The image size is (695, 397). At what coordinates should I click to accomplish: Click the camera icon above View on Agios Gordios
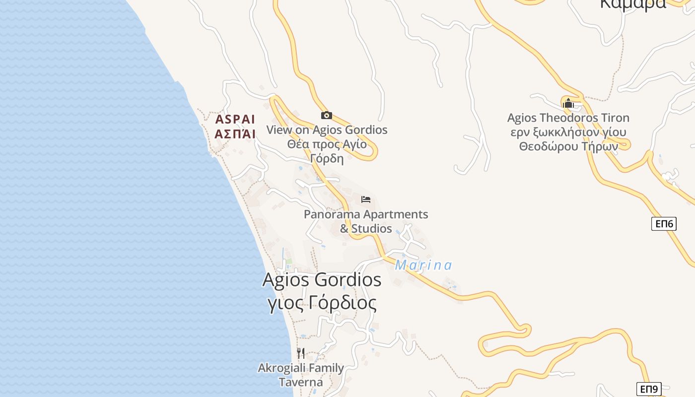326,116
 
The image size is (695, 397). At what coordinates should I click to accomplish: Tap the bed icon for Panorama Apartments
366,199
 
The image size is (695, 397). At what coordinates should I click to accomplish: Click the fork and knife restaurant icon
301,353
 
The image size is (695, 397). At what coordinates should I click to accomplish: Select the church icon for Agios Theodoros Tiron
568,103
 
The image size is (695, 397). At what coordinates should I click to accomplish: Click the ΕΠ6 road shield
664,224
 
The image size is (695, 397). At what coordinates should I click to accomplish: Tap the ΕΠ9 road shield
649,389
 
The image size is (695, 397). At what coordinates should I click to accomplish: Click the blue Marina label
423,265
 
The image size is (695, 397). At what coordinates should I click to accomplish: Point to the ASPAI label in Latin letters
235,120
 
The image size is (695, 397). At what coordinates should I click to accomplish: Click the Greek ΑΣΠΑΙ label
235,134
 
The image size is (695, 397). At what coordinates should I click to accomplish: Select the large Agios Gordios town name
322,280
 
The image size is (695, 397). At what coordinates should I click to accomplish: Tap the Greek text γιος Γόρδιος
322,303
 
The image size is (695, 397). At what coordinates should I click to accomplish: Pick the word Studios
372,229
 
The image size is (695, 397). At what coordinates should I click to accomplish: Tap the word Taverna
301,382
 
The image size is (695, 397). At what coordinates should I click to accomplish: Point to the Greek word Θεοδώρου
550,146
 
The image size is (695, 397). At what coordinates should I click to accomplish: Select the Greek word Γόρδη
327,158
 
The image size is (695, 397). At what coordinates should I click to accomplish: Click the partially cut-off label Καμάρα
633,4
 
